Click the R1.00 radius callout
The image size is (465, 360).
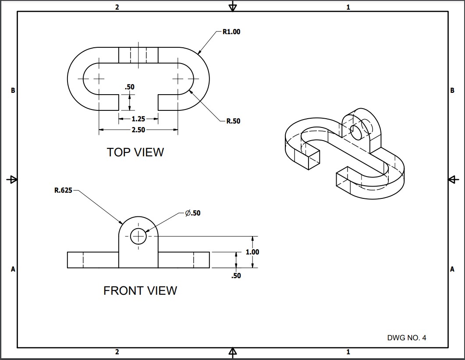tap(231, 32)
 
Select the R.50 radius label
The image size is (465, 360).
tap(233, 121)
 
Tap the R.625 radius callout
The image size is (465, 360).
tap(64, 191)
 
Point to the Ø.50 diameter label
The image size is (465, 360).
tap(192, 213)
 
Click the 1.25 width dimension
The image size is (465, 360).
tap(138, 119)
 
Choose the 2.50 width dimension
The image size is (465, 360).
tap(138, 130)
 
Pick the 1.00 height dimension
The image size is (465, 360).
tap(252, 252)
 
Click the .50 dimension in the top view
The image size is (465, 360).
tap(129, 87)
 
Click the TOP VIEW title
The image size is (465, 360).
tap(135, 152)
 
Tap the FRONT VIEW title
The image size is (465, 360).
tap(140, 291)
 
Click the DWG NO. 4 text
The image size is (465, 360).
tap(406, 338)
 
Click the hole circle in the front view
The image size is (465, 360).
tap(138, 236)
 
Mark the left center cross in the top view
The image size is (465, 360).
tap(99, 79)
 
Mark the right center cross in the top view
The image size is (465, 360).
tap(178, 79)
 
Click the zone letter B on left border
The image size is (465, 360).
tap(13, 91)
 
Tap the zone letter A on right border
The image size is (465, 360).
tap(452, 269)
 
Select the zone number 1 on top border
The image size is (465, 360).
tap(348, 7)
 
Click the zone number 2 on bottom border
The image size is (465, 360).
tap(117, 352)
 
